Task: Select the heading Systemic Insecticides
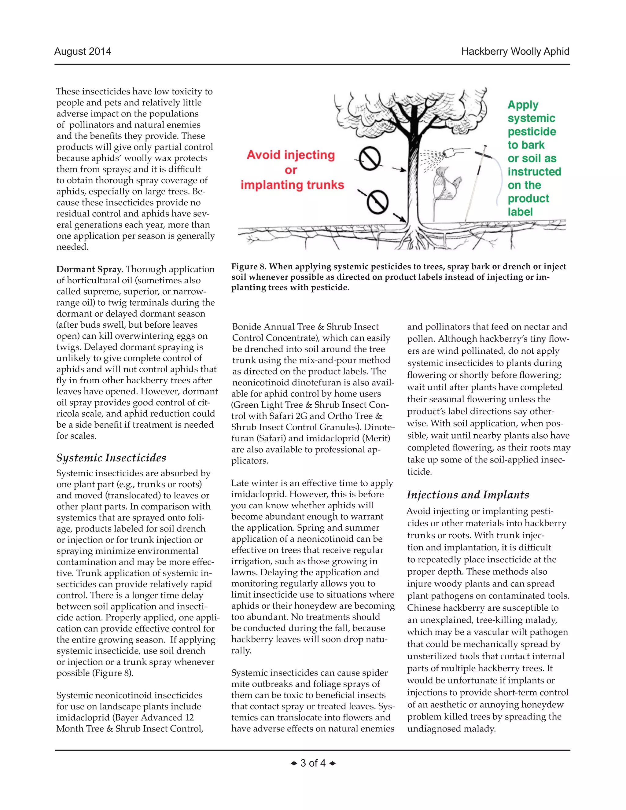[111, 458]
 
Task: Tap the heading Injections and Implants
[468, 495]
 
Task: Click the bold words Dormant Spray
[89, 269]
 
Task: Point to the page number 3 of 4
[313, 763]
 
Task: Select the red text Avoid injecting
[291, 155]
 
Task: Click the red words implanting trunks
[292, 185]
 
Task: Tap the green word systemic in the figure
[531, 118]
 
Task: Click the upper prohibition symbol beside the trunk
[370, 159]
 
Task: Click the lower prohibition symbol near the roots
[377, 202]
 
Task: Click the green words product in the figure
[528, 198]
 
